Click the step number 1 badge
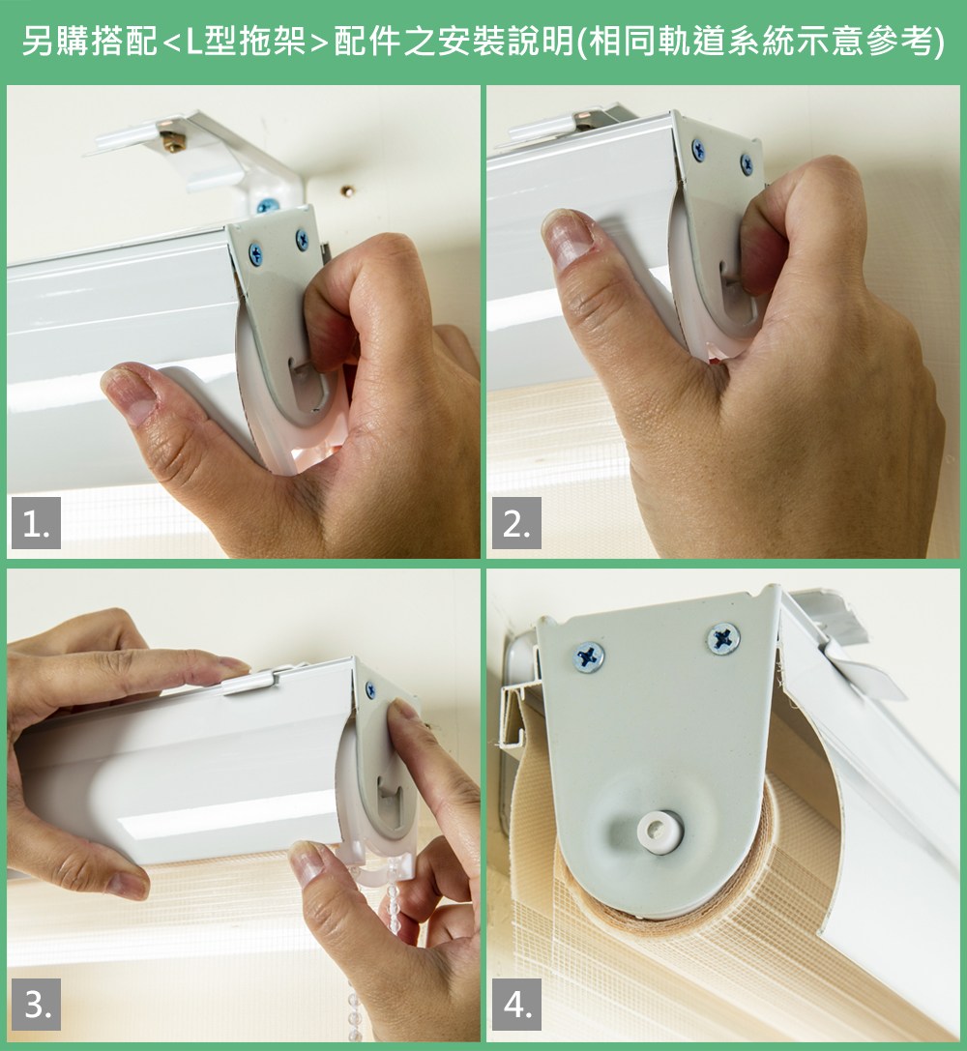click(36, 523)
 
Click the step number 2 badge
click(516, 523)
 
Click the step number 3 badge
click(36, 1004)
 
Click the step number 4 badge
click(516, 1004)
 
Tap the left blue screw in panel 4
click(588, 657)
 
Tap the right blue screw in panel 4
click(723, 638)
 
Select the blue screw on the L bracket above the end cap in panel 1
click(267, 206)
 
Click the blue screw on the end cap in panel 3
click(370, 690)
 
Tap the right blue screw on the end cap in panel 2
click(747, 164)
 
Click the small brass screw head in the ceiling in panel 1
click(347, 191)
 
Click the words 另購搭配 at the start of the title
click(89, 42)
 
